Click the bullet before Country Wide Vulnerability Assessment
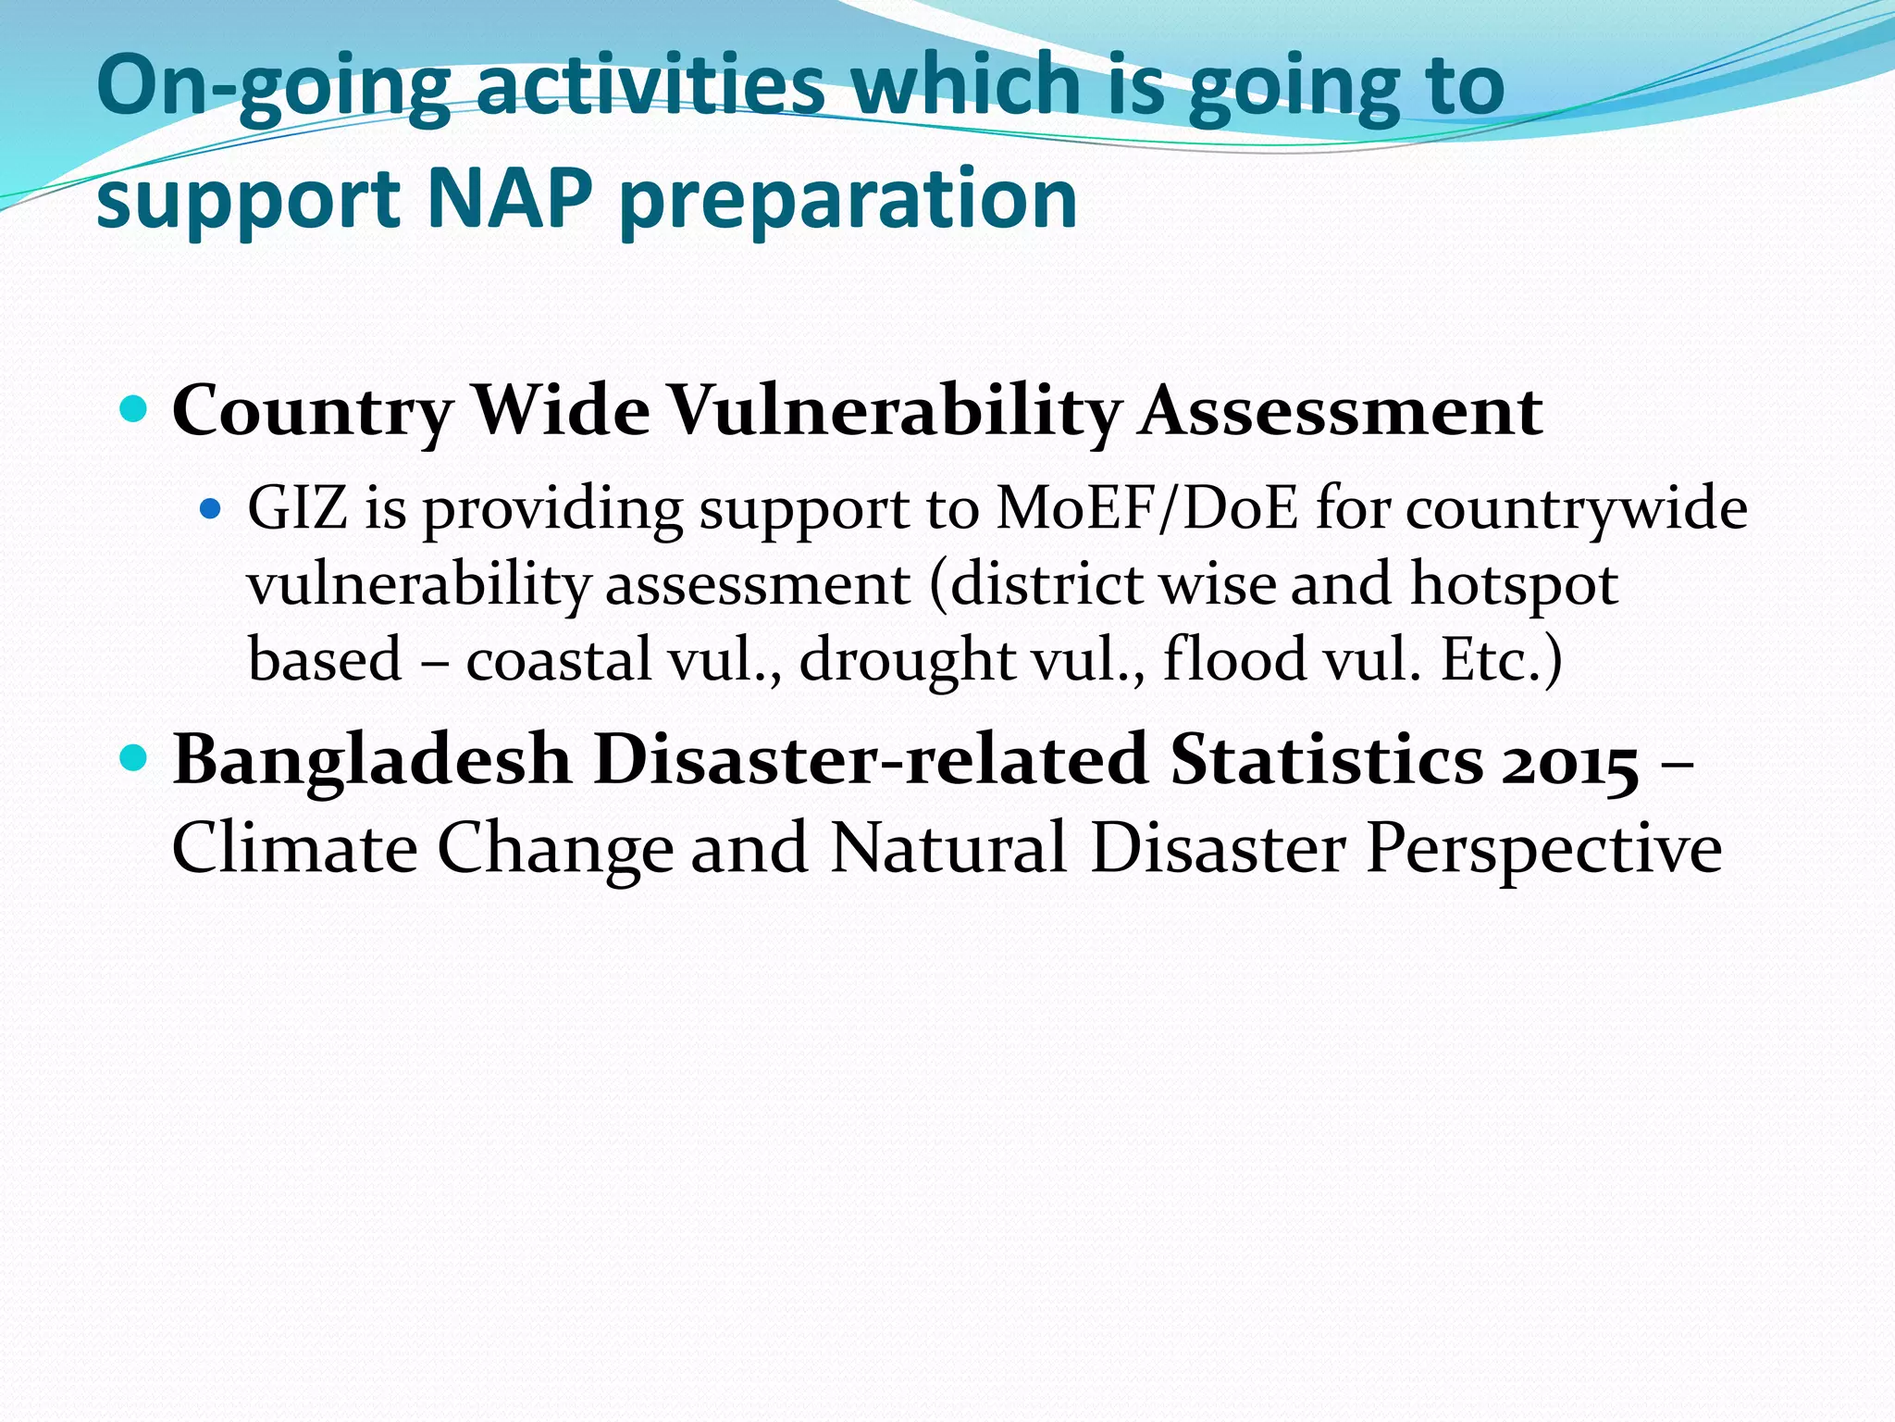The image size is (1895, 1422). [x=135, y=408]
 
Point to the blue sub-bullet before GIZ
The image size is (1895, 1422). [x=212, y=508]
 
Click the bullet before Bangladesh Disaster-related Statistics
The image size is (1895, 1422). [x=135, y=758]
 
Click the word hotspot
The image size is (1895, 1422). [x=1514, y=584]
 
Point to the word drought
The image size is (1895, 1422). [x=907, y=660]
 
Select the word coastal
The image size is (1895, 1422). [x=559, y=660]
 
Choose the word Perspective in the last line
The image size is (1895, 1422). [x=1543, y=850]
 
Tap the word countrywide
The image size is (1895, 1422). [x=1577, y=510]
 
